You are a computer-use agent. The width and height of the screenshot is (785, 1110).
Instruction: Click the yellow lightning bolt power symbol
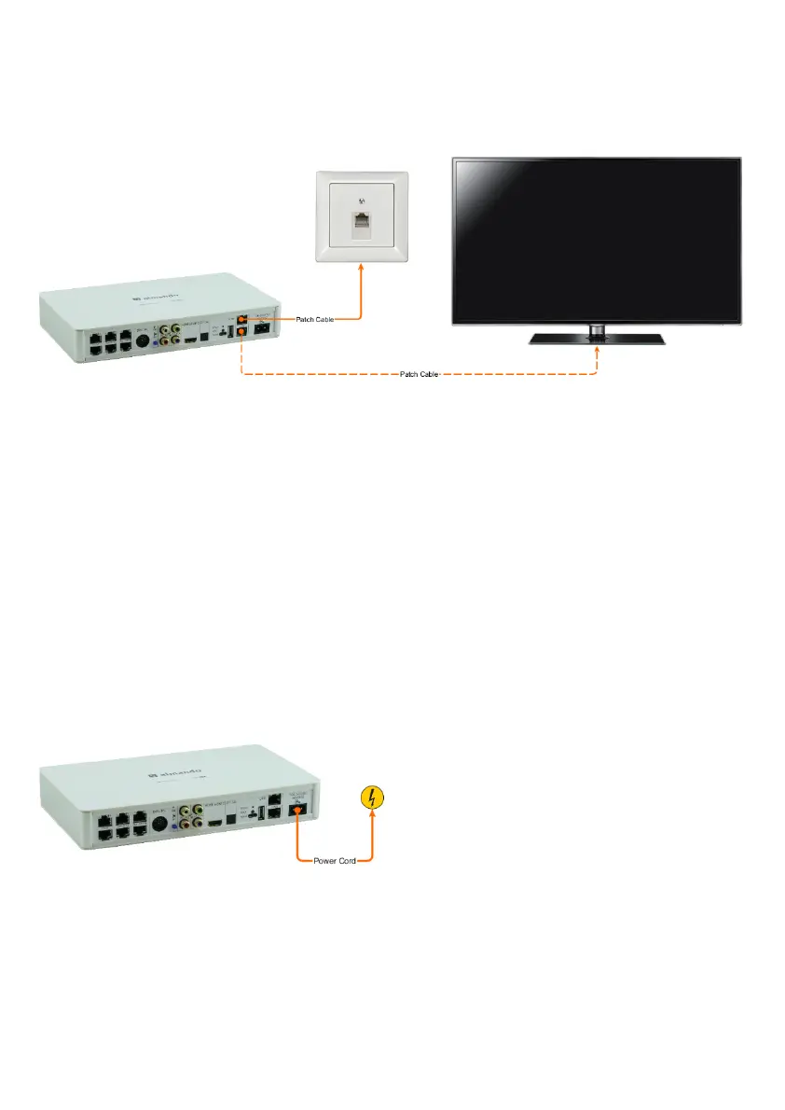tap(373, 798)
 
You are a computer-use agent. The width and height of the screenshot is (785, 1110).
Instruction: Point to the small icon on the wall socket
tap(361, 199)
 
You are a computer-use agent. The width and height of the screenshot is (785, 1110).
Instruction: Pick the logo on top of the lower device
tap(169, 774)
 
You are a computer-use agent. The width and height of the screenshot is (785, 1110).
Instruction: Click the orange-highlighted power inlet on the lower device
tap(297, 812)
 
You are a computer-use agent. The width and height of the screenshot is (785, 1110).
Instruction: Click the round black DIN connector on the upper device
tap(142, 341)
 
